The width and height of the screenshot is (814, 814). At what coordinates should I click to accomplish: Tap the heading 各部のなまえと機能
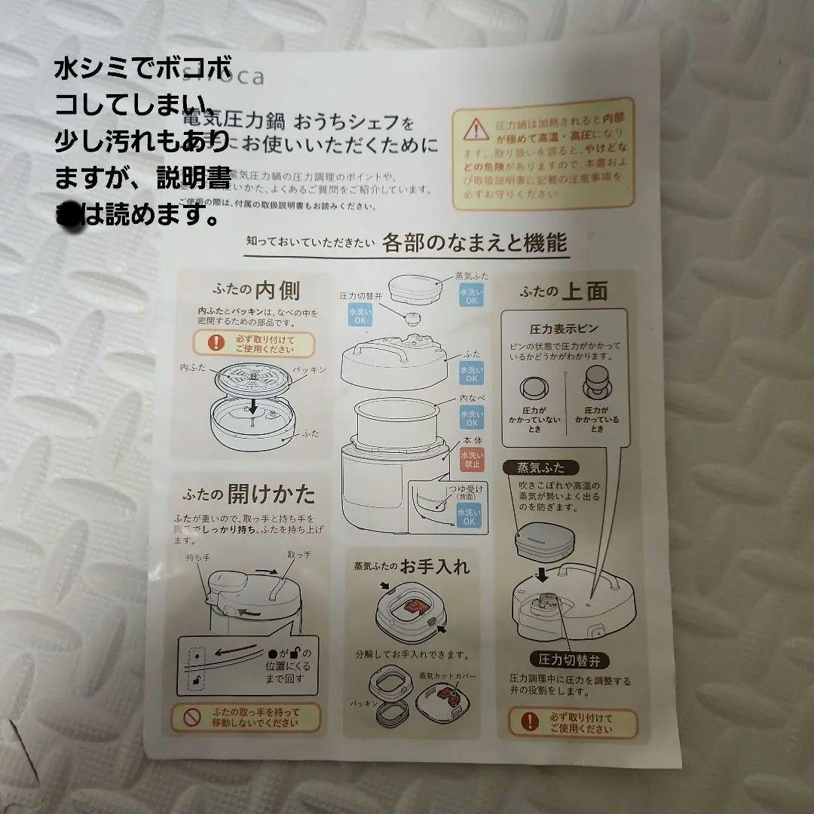click(474, 243)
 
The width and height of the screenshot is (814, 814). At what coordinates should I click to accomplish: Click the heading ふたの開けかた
click(249, 494)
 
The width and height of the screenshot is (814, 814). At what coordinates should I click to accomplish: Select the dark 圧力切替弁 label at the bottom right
click(570, 661)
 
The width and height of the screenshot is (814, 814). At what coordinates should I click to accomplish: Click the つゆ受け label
click(463, 490)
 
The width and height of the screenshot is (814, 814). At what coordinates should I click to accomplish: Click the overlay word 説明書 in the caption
click(194, 178)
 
